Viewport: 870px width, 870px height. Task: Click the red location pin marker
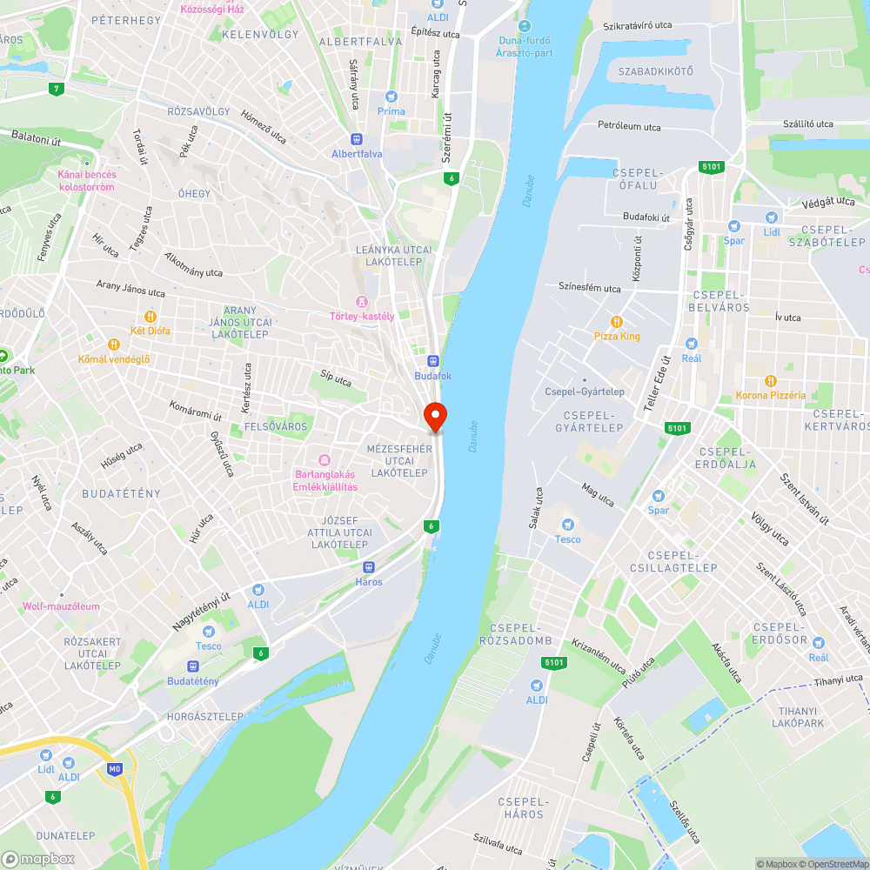pos(434,417)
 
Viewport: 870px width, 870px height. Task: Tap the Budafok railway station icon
pos(432,361)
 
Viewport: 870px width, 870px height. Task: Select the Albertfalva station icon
pos(356,139)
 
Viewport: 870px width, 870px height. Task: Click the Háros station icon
pos(369,566)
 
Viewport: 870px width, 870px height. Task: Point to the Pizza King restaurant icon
pos(618,322)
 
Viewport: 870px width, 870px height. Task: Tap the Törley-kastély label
pos(362,316)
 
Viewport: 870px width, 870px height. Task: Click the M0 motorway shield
pos(114,769)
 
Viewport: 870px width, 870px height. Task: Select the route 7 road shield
pos(57,89)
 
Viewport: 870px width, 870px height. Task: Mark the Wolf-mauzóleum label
pos(61,606)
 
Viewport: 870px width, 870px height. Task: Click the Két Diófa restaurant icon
pos(150,317)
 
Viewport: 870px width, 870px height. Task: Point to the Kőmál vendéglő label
pos(114,359)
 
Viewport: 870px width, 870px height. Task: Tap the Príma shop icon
pos(391,97)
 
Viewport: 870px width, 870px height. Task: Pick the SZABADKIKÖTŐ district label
pos(655,71)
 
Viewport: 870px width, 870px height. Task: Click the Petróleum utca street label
pos(629,126)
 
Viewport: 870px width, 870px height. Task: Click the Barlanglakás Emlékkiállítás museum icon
pos(325,459)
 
